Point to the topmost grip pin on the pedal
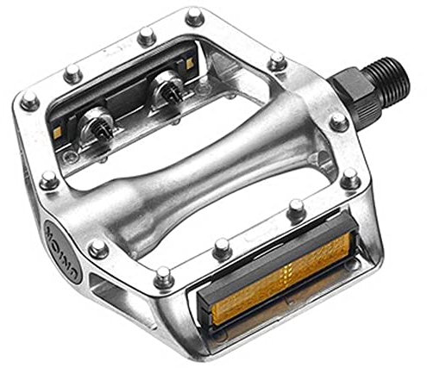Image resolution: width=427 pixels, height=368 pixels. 193,15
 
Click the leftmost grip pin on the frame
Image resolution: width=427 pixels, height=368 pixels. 29,100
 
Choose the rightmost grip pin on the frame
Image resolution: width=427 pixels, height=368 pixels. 349,180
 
